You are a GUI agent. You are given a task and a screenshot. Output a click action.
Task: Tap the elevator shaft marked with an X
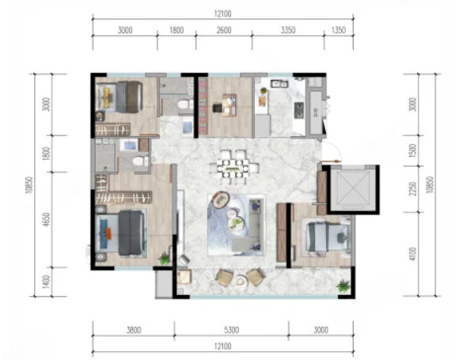pos(353,189)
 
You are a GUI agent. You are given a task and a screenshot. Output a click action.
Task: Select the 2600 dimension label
pos(224,30)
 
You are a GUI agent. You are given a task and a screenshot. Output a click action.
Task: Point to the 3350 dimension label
pos(288,30)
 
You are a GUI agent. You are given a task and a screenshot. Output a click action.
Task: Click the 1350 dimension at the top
pos(339,30)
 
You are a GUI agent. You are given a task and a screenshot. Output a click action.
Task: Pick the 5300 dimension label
pos(231,330)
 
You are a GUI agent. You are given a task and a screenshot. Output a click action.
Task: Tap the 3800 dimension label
pos(134,330)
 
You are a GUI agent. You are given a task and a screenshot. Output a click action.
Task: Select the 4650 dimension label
pos(46,220)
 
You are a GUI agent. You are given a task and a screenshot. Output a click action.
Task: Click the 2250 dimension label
pos(413,189)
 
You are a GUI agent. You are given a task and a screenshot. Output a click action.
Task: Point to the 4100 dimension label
pos(413,254)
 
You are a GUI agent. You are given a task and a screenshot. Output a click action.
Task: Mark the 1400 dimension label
pos(46,282)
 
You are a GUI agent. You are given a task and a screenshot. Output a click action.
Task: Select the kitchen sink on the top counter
pos(279,83)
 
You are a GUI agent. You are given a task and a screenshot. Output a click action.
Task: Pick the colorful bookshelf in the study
pos(203,106)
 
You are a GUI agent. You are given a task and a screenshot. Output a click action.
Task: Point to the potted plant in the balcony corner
pos(343,286)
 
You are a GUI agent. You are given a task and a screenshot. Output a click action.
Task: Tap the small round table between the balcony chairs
pos(240,281)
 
